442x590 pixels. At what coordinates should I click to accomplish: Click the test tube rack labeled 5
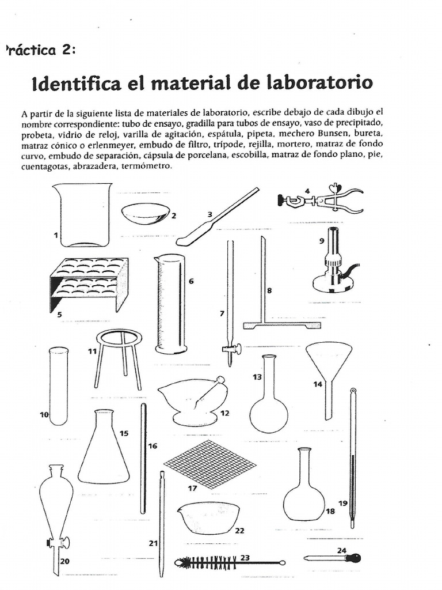click(x=89, y=283)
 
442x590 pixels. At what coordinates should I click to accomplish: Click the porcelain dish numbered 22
click(x=209, y=517)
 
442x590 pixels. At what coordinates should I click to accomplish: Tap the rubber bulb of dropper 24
click(x=356, y=558)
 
